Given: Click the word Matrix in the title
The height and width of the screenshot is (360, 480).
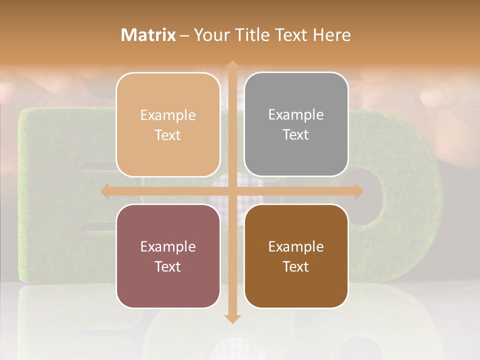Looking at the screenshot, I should (x=148, y=35).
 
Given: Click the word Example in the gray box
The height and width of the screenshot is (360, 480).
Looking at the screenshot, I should (x=296, y=115).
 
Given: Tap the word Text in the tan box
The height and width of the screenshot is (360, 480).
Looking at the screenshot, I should (x=168, y=135).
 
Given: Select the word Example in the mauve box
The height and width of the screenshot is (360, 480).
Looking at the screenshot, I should (x=168, y=247).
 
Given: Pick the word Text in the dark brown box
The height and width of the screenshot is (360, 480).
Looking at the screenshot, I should (x=296, y=267).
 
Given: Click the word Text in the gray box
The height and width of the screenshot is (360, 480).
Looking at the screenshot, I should (x=296, y=135).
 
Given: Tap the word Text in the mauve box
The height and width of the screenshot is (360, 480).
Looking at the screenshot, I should (x=168, y=267).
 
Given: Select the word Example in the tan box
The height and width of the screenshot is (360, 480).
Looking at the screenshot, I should (x=168, y=115).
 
